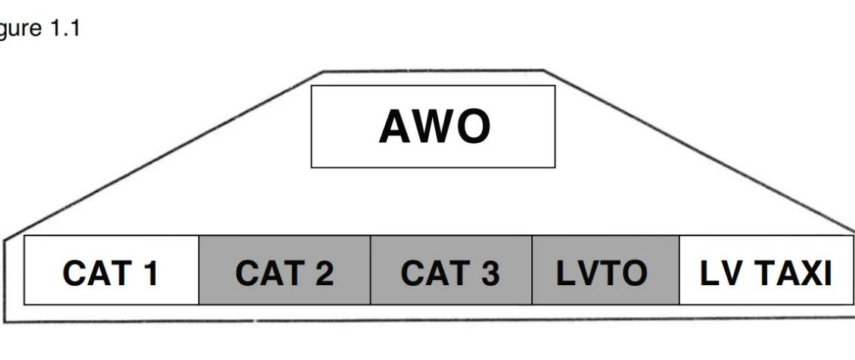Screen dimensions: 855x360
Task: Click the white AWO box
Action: click(x=433, y=126)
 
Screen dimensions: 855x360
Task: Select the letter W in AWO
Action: click(x=434, y=127)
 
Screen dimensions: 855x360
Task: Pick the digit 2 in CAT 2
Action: click(x=323, y=272)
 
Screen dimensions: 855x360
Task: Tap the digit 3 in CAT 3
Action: click(x=489, y=272)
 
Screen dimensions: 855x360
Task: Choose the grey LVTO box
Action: click(x=605, y=270)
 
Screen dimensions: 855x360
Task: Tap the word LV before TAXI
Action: click(x=720, y=272)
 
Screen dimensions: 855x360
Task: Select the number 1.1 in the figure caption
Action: click(x=65, y=27)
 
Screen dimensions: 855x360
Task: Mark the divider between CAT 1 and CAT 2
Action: click(x=199, y=270)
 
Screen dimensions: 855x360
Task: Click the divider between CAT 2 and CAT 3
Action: click(x=370, y=270)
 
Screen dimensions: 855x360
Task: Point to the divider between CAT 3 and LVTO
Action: click(x=532, y=270)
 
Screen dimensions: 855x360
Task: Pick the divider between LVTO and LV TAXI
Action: click(x=679, y=270)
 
